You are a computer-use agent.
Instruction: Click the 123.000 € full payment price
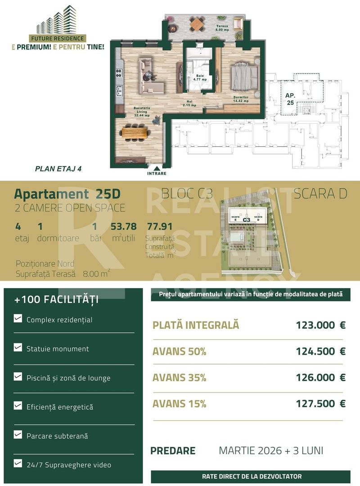(x=320, y=325)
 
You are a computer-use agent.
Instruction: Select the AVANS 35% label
(x=179, y=378)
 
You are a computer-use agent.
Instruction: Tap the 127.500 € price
(x=320, y=404)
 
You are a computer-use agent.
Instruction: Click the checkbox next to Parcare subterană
(x=18, y=435)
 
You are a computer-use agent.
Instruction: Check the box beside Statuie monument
(x=18, y=348)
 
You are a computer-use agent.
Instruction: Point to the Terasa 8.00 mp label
(x=222, y=28)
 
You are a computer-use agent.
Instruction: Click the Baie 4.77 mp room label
(x=200, y=77)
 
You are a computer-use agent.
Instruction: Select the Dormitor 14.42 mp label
(x=241, y=99)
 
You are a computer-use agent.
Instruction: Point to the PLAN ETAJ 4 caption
(x=58, y=169)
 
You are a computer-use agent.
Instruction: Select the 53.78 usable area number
(x=123, y=226)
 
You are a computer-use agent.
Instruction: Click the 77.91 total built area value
(x=160, y=226)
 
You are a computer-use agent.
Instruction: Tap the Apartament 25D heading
(x=67, y=194)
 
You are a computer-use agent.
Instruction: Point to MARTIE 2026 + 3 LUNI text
(x=271, y=450)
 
